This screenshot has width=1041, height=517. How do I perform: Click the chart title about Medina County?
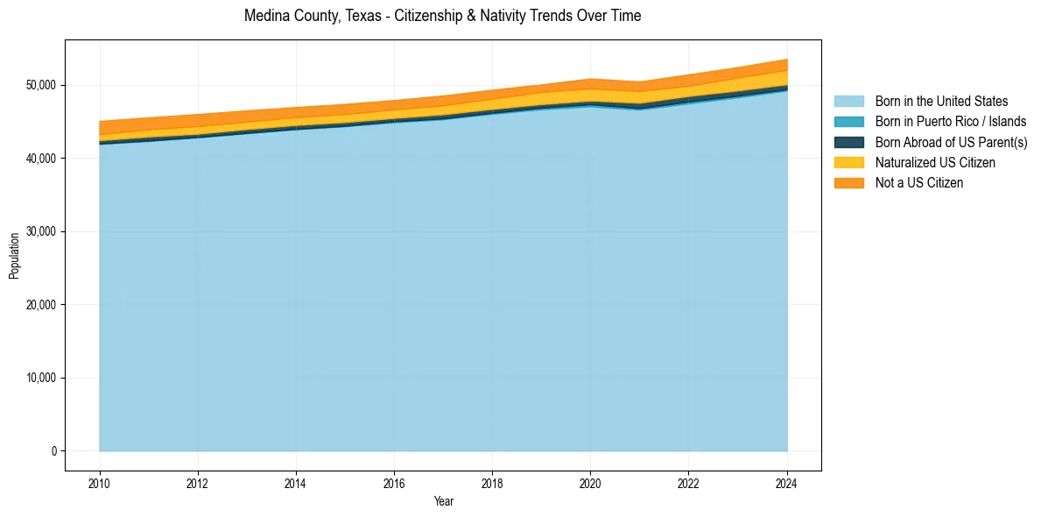(x=442, y=16)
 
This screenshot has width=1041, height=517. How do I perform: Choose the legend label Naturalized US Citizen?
(x=935, y=163)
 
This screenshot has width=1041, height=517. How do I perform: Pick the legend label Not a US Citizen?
(x=919, y=183)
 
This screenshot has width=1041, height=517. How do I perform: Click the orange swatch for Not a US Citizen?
(x=848, y=183)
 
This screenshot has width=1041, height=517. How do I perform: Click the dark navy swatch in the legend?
(x=848, y=142)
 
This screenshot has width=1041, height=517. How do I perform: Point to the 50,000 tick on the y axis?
(x=40, y=85)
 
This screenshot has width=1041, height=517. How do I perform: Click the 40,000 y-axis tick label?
(x=40, y=159)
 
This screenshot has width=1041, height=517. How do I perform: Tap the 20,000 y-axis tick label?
(x=40, y=305)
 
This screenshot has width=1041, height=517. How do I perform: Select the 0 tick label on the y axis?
(x=53, y=451)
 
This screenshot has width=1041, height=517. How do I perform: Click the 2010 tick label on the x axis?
(x=100, y=483)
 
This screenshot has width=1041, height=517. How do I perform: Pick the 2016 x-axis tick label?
(x=394, y=483)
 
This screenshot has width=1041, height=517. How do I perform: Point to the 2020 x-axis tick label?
(x=590, y=483)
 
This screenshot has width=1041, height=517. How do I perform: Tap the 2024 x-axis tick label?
(x=787, y=483)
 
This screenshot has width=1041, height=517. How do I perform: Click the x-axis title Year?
(x=443, y=501)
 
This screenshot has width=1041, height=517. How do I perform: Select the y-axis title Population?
(x=14, y=256)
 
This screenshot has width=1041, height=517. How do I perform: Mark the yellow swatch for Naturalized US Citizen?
(x=848, y=163)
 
